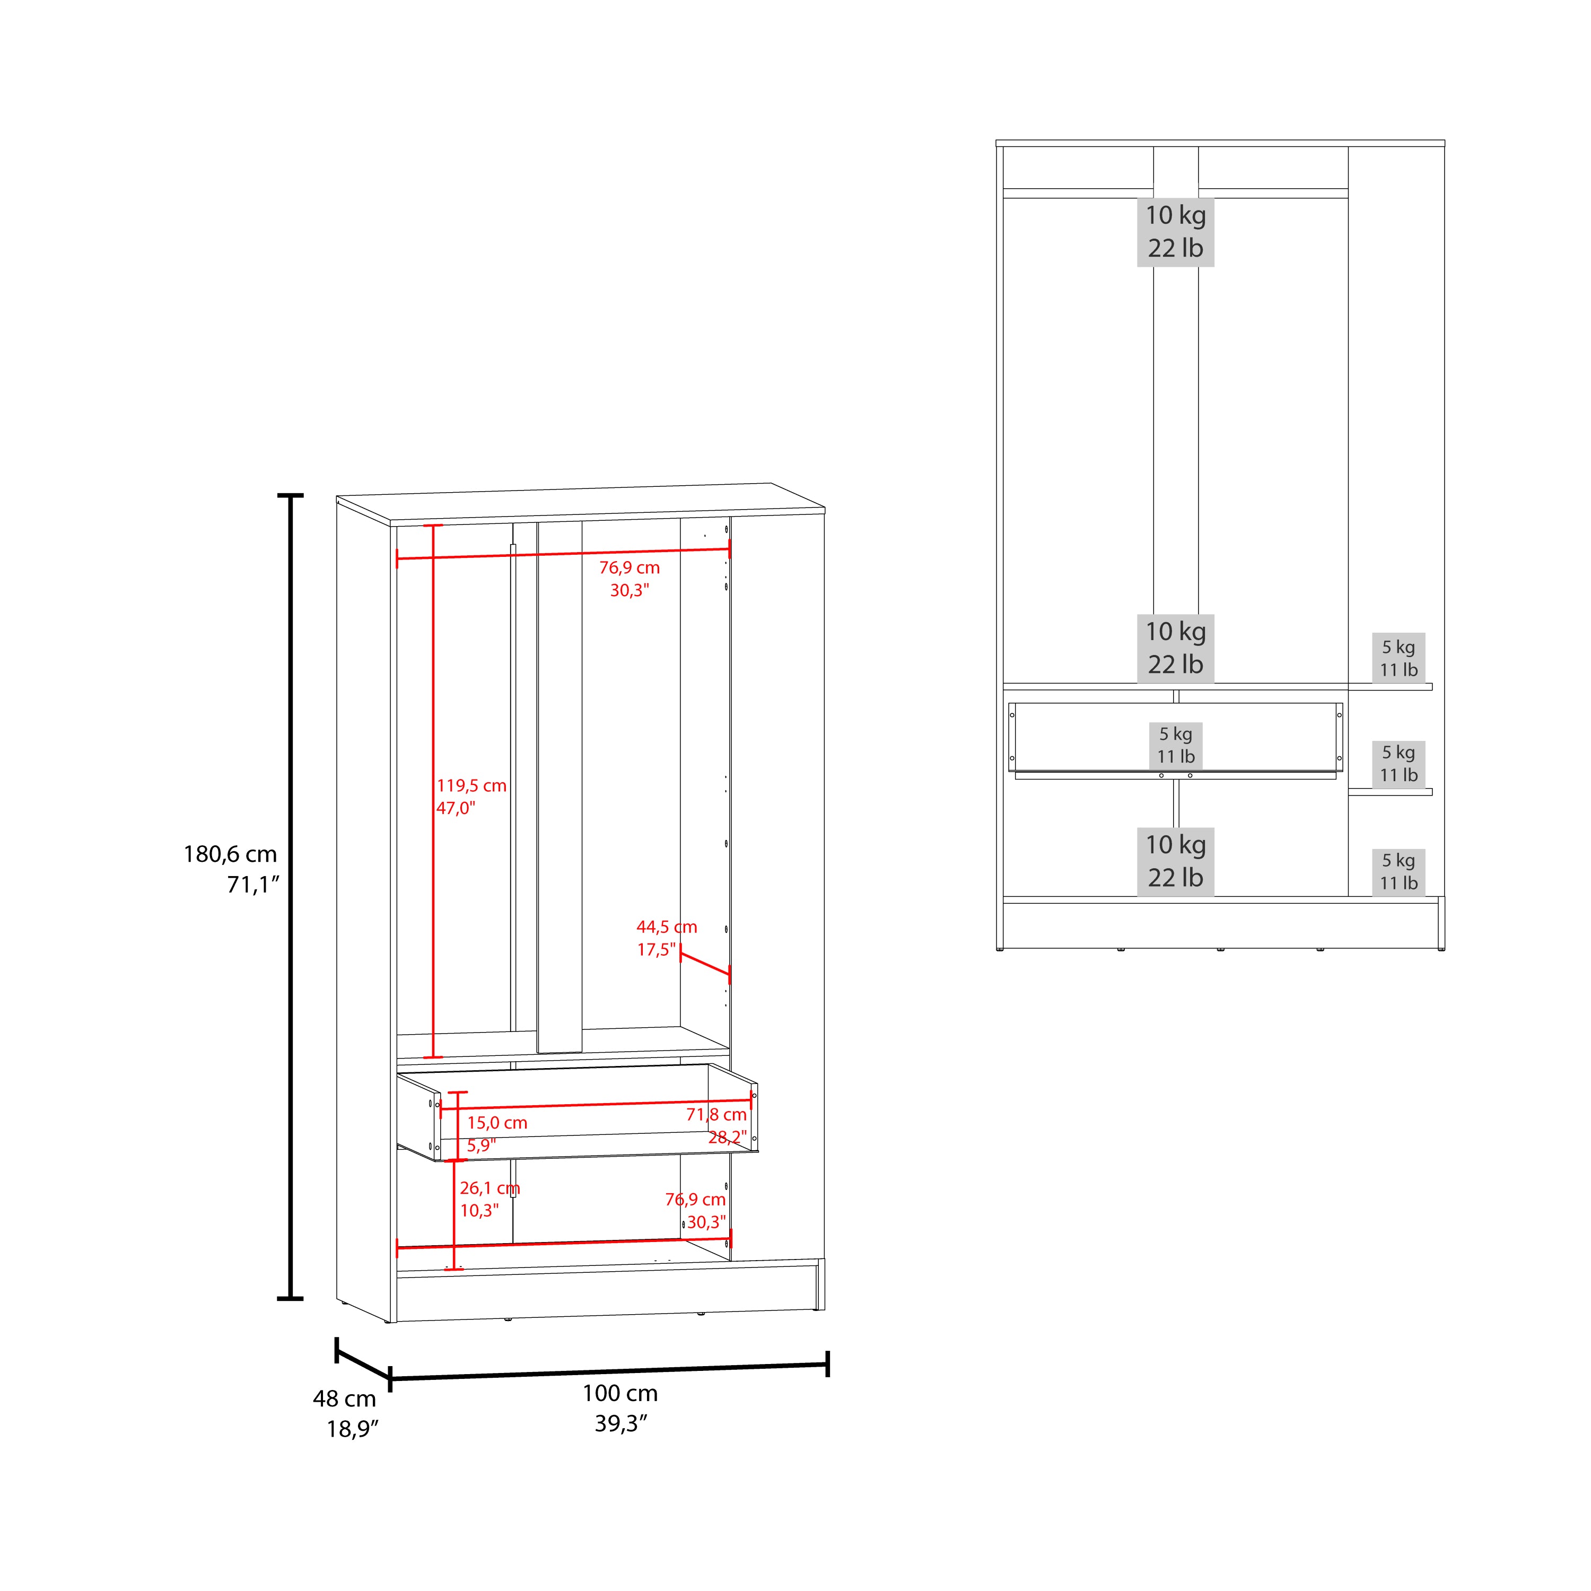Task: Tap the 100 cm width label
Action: [620, 1393]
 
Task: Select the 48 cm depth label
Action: [344, 1398]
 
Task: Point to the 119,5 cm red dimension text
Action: [471, 785]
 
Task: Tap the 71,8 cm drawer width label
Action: [716, 1114]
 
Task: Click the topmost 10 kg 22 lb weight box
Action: [1175, 231]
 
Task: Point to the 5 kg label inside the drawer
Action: [1175, 734]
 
